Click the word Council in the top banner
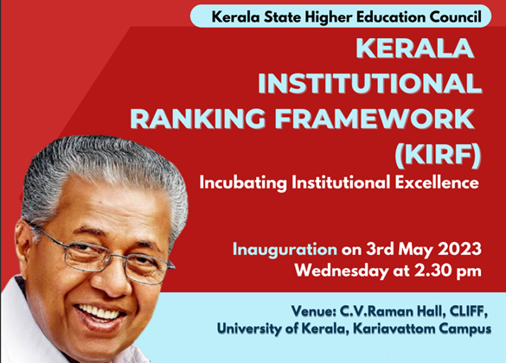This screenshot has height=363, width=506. click(455, 16)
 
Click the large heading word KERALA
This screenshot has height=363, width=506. click(415, 48)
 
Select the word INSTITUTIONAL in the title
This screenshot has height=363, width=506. click(370, 83)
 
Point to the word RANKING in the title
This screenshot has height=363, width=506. click(197, 118)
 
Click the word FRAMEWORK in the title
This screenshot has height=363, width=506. click(375, 118)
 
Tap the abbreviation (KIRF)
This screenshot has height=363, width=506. click(438, 156)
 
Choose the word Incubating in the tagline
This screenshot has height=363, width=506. click(243, 182)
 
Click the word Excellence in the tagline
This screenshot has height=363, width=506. click(437, 182)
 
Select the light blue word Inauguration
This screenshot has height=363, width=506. click(285, 250)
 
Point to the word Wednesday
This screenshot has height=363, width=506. click(342, 271)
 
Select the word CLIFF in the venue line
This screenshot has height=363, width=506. click(466, 311)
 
